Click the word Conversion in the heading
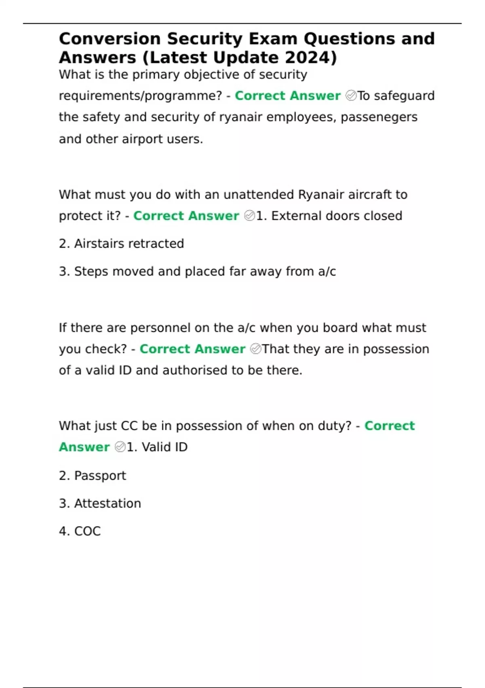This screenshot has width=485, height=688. [110, 39]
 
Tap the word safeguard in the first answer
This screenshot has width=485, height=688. [404, 96]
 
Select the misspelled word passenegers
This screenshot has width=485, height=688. [379, 117]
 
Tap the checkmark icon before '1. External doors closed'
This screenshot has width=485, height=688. [249, 216]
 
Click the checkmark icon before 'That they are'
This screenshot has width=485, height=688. [255, 349]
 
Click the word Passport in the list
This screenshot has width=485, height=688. [100, 476]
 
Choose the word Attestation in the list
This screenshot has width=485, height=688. [108, 503]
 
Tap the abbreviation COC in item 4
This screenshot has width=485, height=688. [87, 531]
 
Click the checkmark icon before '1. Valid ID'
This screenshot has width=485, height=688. [120, 447]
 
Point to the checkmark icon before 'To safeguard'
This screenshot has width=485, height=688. [351, 96]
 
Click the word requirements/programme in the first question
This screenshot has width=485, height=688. [140, 96]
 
